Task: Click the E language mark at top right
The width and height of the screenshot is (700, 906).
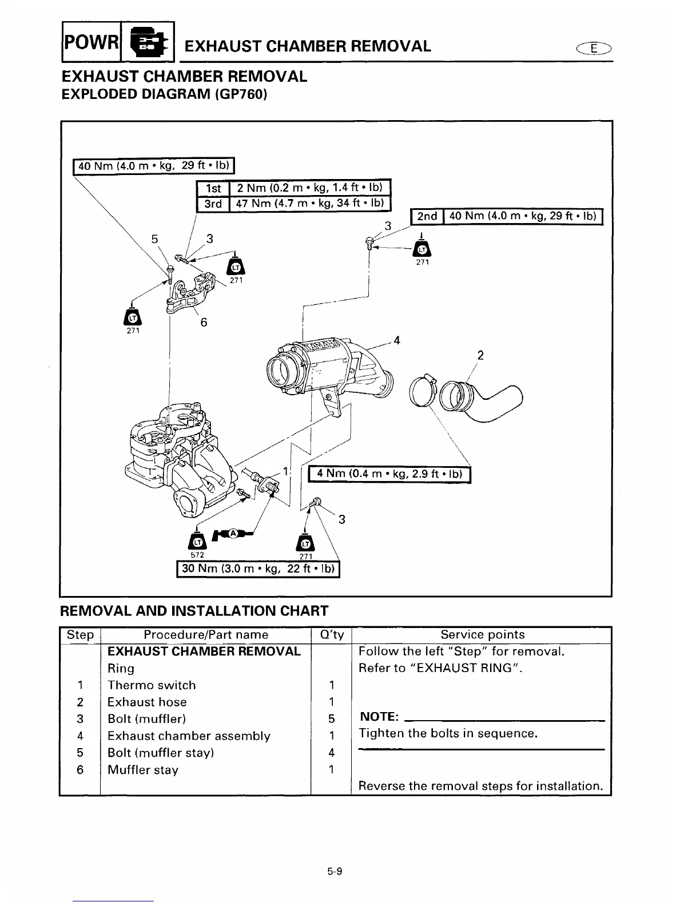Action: (x=595, y=49)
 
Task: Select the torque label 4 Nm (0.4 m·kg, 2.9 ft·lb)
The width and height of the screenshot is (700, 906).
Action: (x=389, y=475)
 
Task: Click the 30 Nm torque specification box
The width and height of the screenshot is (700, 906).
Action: (x=258, y=570)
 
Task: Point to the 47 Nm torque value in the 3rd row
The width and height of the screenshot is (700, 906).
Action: (x=309, y=203)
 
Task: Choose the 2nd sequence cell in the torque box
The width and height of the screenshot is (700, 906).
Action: (x=427, y=216)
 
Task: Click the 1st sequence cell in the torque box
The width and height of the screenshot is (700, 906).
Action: (x=213, y=188)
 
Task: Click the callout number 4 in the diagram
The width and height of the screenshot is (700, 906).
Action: (x=397, y=340)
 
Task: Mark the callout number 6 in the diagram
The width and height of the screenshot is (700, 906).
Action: (x=203, y=323)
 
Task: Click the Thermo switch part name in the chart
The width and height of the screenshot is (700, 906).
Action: (x=152, y=685)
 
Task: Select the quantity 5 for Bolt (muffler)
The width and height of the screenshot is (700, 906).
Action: (x=332, y=719)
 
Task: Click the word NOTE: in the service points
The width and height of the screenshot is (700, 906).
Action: (x=379, y=717)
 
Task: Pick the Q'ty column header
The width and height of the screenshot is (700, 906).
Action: (x=332, y=634)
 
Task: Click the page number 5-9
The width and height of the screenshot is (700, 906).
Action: (x=335, y=872)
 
